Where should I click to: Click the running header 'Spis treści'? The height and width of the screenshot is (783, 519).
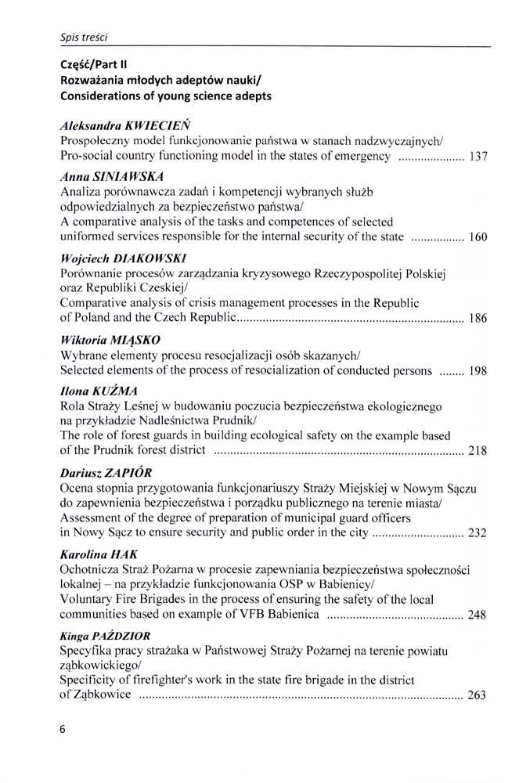[84, 37]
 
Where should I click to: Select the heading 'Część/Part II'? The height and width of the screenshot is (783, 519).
[94, 65]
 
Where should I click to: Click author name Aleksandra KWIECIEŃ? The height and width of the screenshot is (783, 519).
[125, 125]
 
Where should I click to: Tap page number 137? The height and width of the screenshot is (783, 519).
[478, 157]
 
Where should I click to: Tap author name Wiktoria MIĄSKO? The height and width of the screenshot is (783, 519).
[110, 340]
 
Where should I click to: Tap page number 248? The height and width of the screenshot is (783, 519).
[478, 615]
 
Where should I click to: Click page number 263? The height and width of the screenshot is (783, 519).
[478, 696]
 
